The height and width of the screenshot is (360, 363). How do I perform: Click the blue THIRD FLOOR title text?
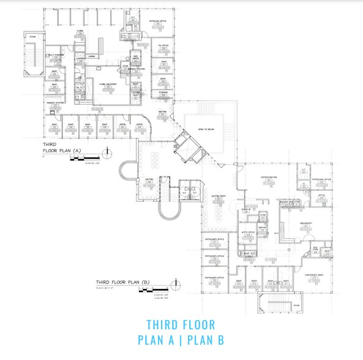tap(181, 324)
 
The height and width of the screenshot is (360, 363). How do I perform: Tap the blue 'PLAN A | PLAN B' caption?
tap(181, 340)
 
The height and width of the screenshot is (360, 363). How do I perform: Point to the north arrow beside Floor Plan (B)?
tap(178, 283)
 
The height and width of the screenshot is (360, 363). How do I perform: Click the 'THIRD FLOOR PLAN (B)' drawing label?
tap(122, 282)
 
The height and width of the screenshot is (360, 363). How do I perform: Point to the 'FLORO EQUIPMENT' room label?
tap(108, 84)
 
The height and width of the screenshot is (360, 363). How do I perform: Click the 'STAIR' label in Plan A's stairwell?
tap(32, 37)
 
